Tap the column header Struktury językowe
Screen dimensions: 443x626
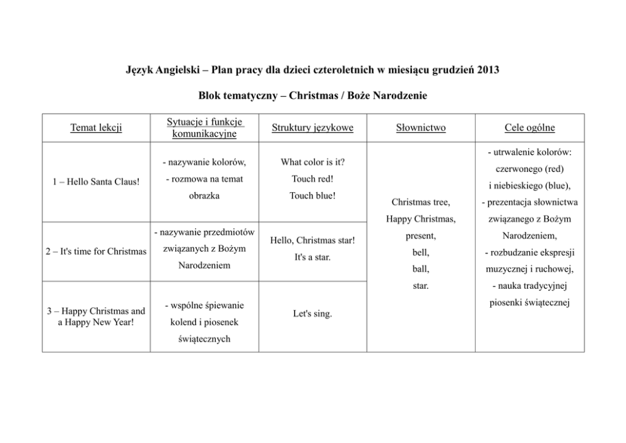tap(312, 128)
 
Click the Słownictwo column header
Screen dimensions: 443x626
tap(421, 128)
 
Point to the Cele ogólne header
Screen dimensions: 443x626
tap(529, 128)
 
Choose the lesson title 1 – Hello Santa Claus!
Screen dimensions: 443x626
tap(96, 182)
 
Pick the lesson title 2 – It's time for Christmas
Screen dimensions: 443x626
tap(96, 251)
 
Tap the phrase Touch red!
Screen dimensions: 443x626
tap(312, 179)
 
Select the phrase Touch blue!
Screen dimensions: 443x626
tap(312, 195)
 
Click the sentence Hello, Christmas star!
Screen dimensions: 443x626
tap(312, 240)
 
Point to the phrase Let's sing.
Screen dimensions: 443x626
tap(312, 313)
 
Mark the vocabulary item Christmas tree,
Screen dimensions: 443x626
tap(421, 202)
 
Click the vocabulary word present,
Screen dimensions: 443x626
tap(421, 236)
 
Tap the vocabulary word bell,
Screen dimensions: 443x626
tap(421, 252)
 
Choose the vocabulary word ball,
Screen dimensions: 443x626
tap(421, 269)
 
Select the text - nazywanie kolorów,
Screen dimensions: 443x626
tap(204, 163)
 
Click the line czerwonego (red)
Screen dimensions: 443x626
tap(529, 169)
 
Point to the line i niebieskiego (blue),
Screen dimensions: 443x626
tap(529, 185)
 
